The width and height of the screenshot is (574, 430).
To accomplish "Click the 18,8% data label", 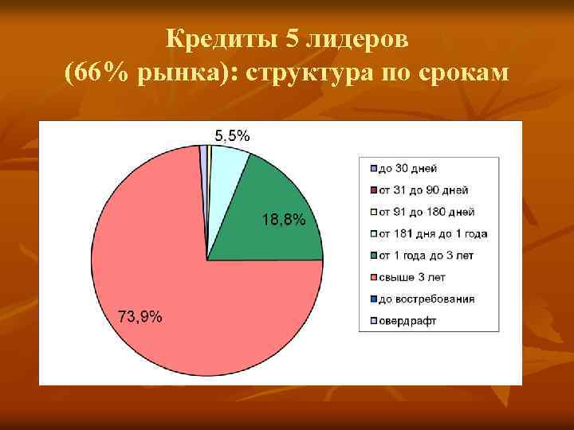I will (x=283, y=221).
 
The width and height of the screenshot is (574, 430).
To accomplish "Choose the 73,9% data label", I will (x=140, y=317).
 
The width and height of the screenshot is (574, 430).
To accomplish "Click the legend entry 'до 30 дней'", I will (x=407, y=169).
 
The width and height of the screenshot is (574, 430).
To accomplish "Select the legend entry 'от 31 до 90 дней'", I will (x=423, y=190).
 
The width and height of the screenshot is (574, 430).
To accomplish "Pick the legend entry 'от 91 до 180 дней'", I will (x=426, y=213).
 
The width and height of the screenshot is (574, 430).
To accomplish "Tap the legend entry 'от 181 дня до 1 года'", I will (x=432, y=234).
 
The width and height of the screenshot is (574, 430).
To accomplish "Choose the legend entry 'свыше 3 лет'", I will (x=411, y=277).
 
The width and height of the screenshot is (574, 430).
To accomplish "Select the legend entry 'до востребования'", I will (x=426, y=299).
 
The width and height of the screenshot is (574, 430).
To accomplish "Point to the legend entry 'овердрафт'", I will (x=407, y=321).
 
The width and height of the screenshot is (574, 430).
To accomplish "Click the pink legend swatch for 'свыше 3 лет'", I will (x=373, y=277).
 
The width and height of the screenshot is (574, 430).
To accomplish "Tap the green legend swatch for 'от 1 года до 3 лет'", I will (x=373, y=256).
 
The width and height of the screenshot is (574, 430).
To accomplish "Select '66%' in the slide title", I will (x=96, y=72).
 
